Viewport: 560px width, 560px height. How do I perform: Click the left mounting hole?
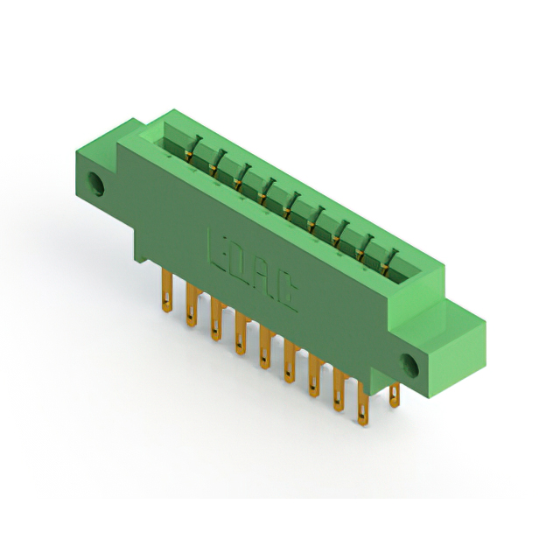point(95,184)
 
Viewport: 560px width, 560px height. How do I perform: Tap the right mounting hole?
point(409,366)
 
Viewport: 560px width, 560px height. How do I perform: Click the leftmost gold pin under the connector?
point(167,290)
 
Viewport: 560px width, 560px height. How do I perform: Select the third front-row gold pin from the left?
point(216,318)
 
